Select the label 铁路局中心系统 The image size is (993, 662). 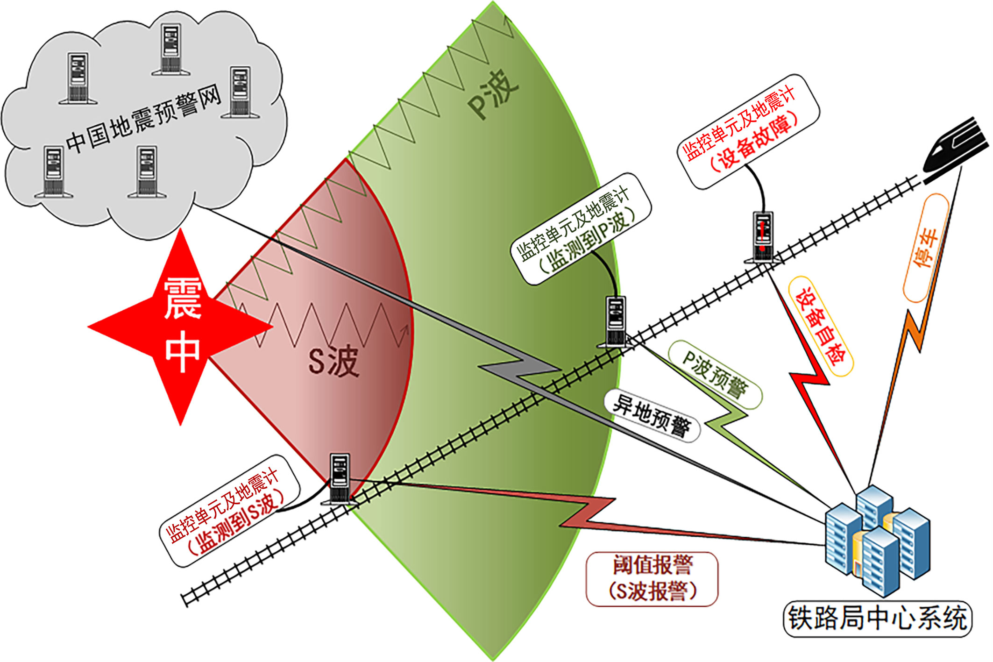pos(877,619)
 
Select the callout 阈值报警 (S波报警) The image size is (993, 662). pos(652,579)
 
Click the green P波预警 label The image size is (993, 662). pos(715,374)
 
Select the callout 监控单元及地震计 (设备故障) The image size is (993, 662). pos(748,131)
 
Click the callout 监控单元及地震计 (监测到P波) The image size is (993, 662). pos(580,228)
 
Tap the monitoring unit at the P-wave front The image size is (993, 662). pos(615,322)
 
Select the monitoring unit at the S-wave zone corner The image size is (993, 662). pos(340,478)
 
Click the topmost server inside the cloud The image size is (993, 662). pos(170,49)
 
